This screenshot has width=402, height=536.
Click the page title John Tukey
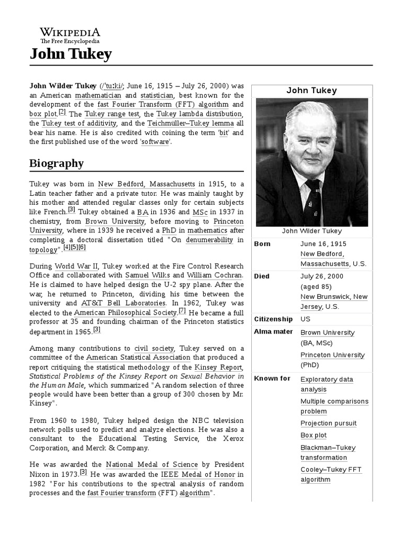tap(70, 54)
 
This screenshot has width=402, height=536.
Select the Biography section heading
tap(57, 163)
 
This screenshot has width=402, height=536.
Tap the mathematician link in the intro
tap(98, 95)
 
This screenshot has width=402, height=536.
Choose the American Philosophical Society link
tap(133, 312)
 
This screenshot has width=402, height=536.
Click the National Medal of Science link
tap(152, 464)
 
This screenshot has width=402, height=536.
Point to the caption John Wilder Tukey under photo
tap(311, 231)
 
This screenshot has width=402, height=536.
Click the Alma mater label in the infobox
tap(273, 332)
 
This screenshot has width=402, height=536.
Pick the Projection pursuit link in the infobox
tap(328, 423)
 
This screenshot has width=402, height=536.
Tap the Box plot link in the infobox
tap(314, 435)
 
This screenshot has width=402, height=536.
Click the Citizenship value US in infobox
tap(305, 319)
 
